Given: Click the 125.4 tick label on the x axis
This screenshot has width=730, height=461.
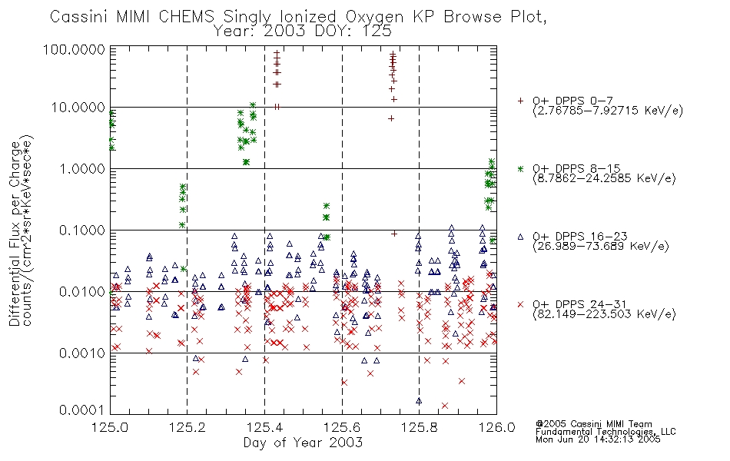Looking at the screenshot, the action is click(265, 427).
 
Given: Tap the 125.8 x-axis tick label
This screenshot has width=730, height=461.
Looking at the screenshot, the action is click(420, 427).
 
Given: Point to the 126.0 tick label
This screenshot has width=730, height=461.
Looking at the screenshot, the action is click(496, 427).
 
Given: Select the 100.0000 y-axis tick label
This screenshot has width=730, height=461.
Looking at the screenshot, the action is click(75, 49).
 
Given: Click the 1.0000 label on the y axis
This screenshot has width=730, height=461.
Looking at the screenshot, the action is click(82, 168).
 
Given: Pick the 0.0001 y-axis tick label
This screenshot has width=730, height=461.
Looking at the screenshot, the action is click(82, 410).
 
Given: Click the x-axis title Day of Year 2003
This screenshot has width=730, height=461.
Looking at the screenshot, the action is click(303, 443).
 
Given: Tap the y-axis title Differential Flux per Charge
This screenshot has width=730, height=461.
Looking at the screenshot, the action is click(15, 233).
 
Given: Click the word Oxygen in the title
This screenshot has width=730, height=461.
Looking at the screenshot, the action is click(375, 17).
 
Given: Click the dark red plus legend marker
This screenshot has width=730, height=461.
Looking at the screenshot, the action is click(520, 101).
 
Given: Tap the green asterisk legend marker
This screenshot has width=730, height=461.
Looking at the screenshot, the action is click(520, 168).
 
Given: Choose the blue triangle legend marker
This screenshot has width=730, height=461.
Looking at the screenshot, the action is click(520, 237).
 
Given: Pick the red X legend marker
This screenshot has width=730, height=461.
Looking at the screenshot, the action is click(520, 304).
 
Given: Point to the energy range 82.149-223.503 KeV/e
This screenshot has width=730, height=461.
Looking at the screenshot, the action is click(604, 314).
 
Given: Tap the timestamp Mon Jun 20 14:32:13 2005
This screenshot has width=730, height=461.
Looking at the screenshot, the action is click(598, 439).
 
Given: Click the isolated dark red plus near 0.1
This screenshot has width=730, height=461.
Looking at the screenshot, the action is click(394, 234).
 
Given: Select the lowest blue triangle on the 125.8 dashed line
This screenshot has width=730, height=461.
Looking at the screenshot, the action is click(419, 401).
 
